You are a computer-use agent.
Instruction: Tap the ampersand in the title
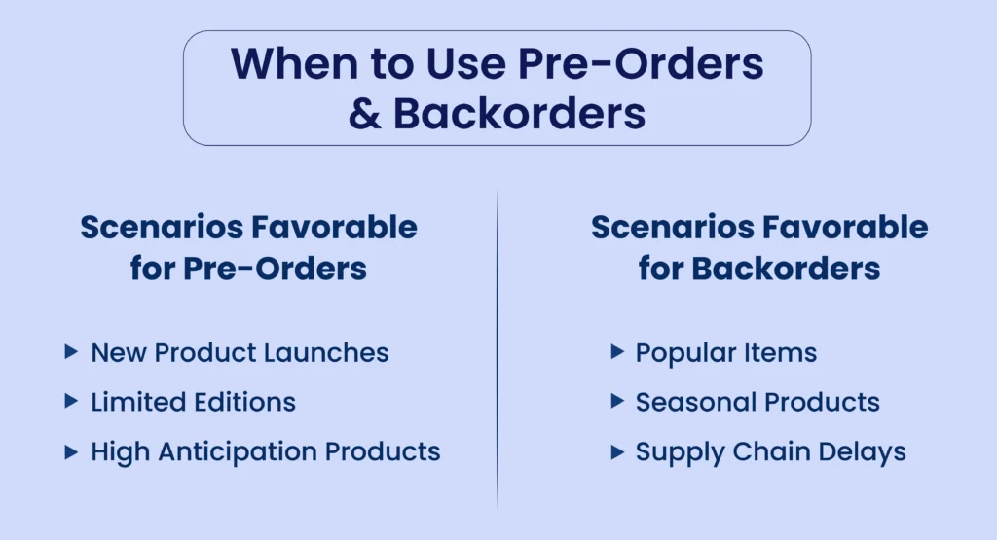coord(365,114)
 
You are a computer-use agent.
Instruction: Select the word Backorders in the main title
coord(519,113)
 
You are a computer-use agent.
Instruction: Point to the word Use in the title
coord(465,63)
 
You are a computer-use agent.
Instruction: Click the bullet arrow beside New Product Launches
coord(71,352)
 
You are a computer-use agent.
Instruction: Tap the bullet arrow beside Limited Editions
coord(71,402)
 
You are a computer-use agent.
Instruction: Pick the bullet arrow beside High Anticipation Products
coord(71,451)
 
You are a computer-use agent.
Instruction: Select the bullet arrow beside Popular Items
coord(616,351)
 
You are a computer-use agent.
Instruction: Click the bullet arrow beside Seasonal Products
coord(616,401)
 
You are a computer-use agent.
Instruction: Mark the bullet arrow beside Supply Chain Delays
coord(616,451)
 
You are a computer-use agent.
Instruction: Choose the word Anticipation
coord(238,451)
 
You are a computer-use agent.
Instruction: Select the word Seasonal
coord(696,402)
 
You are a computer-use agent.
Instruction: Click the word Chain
coord(771,451)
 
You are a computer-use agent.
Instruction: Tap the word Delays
coord(863,452)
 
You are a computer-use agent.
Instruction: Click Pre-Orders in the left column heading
coord(275,269)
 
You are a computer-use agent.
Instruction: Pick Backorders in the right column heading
coord(786,269)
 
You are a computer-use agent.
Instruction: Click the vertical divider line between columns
coord(498,347)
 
